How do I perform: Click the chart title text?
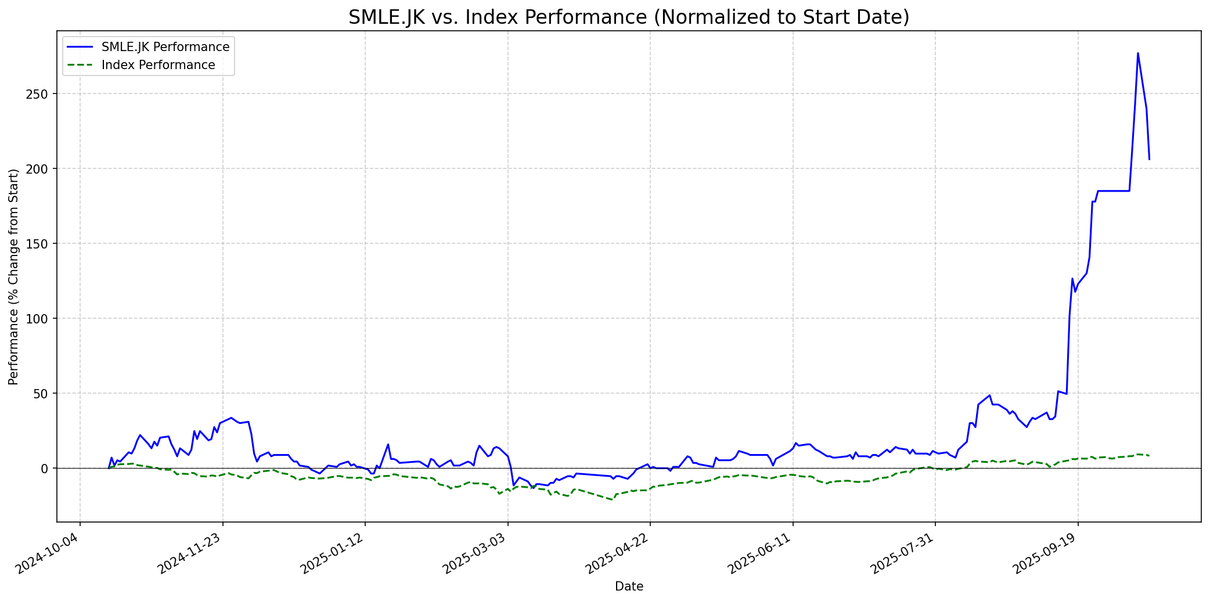coord(629,17)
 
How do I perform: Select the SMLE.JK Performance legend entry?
coord(165,47)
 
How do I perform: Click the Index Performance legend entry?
coord(158,65)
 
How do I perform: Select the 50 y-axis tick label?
coord(44,394)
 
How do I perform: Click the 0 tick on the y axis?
coord(46,469)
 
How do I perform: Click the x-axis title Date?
coord(629,587)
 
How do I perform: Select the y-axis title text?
coord(14,277)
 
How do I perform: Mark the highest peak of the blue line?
coord(1137,53)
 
